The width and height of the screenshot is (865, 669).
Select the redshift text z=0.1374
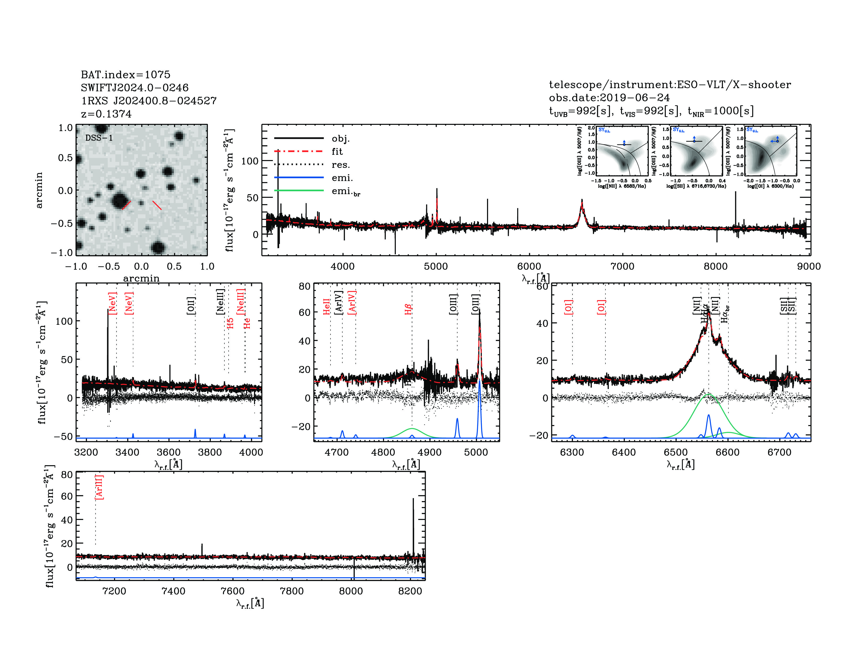(x=106, y=114)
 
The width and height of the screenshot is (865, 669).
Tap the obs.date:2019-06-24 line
(x=609, y=98)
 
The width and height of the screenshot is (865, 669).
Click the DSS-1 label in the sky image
(x=99, y=138)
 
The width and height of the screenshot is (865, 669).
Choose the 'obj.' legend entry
(x=340, y=138)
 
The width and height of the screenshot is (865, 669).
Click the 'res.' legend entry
(x=340, y=164)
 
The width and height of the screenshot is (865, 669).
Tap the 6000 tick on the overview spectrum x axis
(x=529, y=266)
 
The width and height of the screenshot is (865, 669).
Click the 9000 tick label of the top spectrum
(x=809, y=266)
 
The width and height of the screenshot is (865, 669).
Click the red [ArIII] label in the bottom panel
(x=99, y=487)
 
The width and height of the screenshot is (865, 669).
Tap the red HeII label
(x=326, y=307)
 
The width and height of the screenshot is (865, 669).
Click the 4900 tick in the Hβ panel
(x=430, y=452)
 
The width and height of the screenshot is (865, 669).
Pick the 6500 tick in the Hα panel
(x=676, y=452)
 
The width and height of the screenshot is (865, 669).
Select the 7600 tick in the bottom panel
(x=233, y=591)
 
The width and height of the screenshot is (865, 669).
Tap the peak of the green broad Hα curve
(x=708, y=394)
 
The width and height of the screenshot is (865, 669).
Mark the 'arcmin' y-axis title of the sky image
(x=39, y=190)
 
